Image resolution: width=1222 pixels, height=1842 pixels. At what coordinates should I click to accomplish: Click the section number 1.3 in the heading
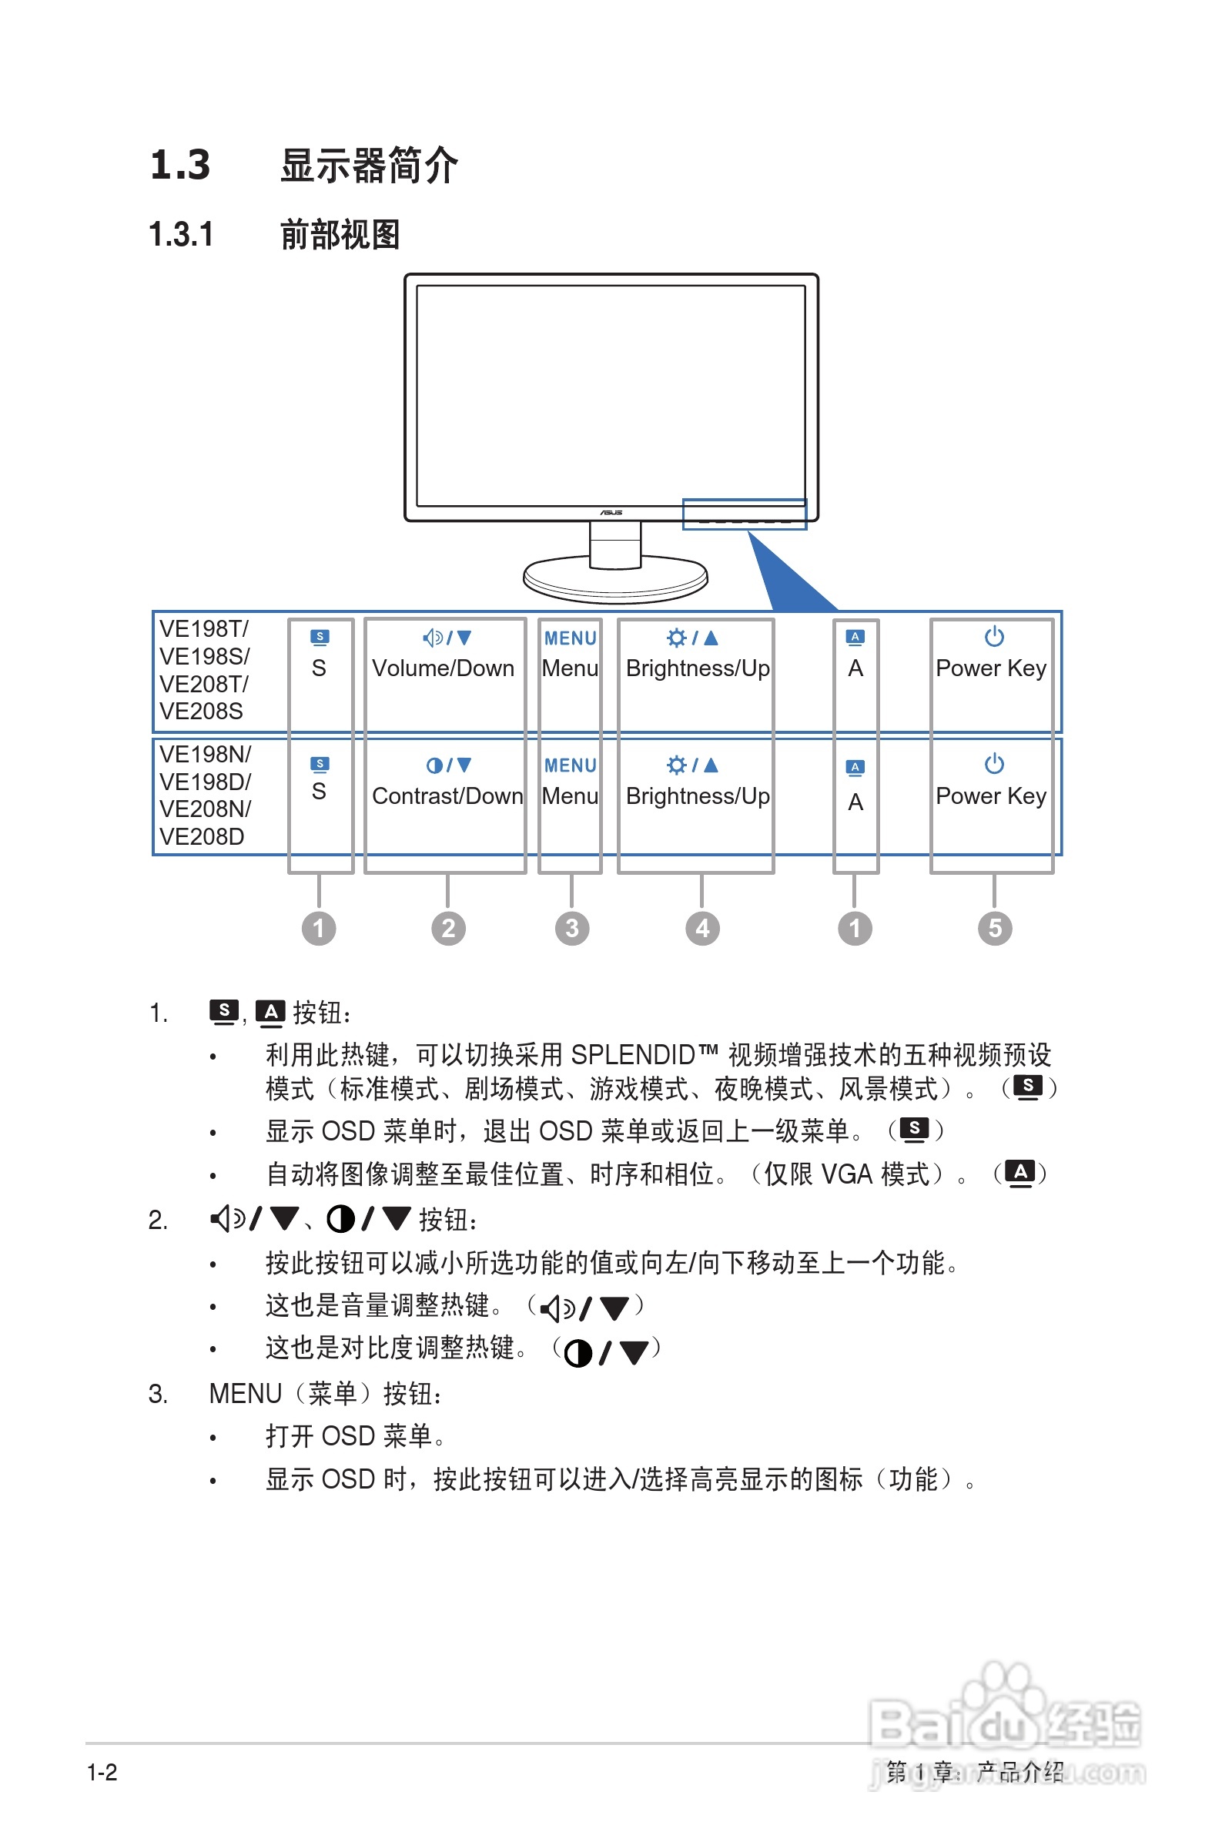pyautogui.click(x=180, y=166)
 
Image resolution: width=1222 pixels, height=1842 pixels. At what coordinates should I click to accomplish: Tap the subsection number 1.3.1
pyautogui.click(x=181, y=235)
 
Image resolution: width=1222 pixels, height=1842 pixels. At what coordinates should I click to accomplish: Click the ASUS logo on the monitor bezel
pyautogui.click(x=611, y=512)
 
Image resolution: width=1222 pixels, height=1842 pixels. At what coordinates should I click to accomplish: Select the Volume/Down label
pyautogui.click(x=443, y=668)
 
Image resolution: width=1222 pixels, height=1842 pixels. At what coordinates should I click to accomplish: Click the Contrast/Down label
pyautogui.click(x=447, y=796)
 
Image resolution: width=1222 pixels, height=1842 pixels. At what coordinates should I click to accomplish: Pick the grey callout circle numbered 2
pyautogui.click(x=448, y=928)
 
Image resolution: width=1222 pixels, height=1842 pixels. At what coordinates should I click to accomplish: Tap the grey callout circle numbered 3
pyautogui.click(x=572, y=928)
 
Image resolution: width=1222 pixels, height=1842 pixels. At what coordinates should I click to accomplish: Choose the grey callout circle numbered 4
pyautogui.click(x=702, y=928)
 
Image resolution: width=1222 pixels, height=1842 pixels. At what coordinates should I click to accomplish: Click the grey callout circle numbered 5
pyautogui.click(x=994, y=928)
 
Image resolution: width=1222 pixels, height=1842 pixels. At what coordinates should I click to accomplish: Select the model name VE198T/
pyautogui.click(x=204, y=629)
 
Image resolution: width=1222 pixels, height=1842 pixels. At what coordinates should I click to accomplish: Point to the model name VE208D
pyautogui.click(x=202, y=837)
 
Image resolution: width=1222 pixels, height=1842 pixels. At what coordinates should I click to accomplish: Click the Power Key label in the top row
pyautogui.click(x=990, y=668)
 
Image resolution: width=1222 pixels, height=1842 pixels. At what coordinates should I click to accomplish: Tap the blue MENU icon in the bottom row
pyautogui.click(x=571, y=766)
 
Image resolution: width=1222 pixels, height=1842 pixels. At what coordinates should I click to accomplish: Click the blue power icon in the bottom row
pyautogui.click(x=993, y=764)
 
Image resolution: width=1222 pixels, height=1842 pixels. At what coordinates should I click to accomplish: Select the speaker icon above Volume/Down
pyautogui.click(x=434, y=638)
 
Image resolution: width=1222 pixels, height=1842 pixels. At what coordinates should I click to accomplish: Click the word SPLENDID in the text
pyautogui.click(x=633, y=1055)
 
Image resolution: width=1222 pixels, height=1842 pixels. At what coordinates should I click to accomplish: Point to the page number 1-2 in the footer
pyautogui.click(x=102, y=1773)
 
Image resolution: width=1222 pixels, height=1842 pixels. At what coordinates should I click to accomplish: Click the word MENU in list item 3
pyautogui.click(x=246, y=1394)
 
